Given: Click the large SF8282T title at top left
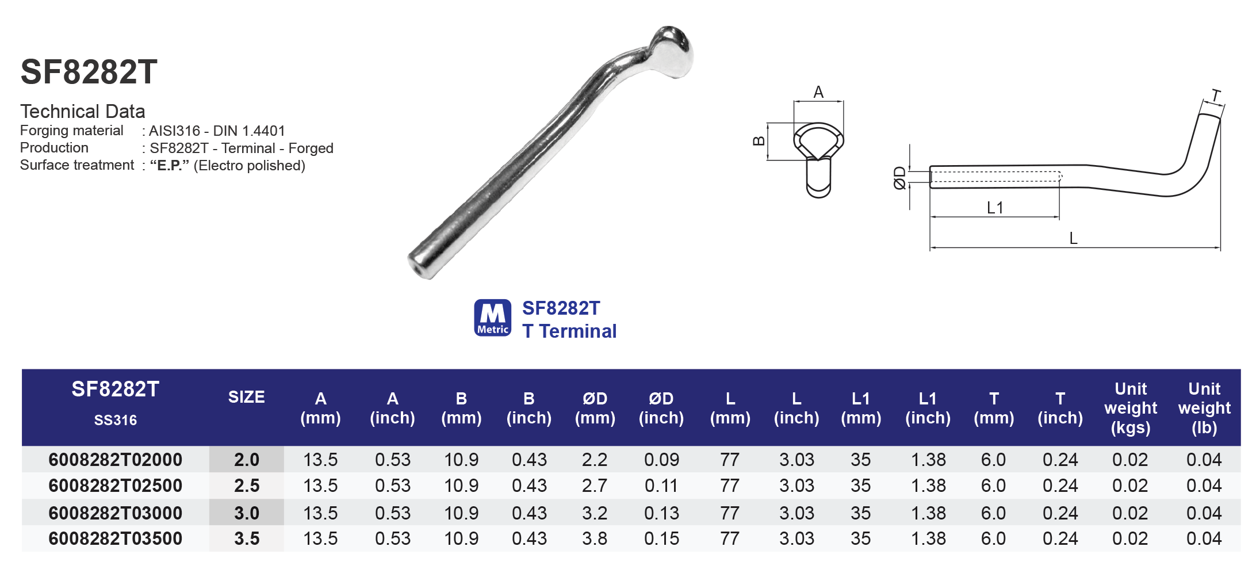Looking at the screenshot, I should click(89, 72).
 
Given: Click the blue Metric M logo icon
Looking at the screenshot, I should click(492, 318).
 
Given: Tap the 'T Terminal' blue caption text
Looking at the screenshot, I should click(569, 331).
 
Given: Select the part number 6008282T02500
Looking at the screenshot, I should click(115, 486).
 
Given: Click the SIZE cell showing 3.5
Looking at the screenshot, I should click(247, 538).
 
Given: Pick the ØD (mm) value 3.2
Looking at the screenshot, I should click(595, 513).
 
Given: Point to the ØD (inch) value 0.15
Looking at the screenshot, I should click(661, 538).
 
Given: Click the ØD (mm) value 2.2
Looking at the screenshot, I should click(595, 460).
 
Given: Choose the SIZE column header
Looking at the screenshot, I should click(246, 397).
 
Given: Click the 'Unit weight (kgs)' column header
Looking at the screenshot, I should click(1130, 408).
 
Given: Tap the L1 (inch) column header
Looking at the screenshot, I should click(928, 408).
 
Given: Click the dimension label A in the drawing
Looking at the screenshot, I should click(818, 92).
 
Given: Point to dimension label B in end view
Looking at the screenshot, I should click(759, 141).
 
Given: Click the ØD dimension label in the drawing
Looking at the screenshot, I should click(899, 178).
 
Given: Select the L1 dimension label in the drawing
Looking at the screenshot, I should click(995, 208).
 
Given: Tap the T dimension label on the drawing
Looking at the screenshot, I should click(1216, 95).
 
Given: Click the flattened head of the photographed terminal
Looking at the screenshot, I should click(673, 52).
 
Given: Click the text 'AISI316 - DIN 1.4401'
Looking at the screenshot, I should click(217, 131).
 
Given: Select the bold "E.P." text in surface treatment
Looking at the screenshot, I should click(169, 166).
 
